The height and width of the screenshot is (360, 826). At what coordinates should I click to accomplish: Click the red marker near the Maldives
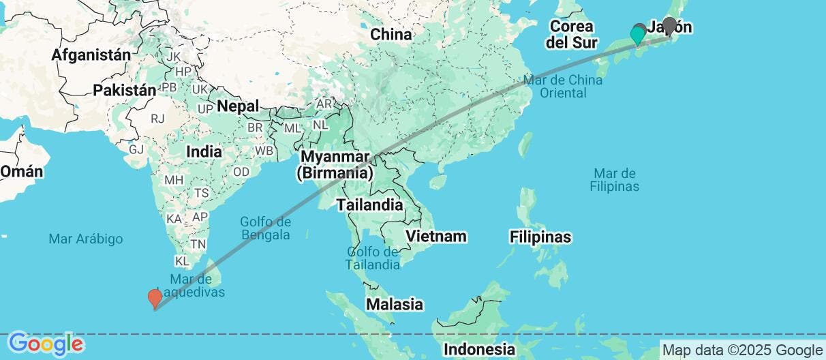coord(155,298)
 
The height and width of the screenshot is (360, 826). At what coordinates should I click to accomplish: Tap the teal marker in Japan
coord(638,34)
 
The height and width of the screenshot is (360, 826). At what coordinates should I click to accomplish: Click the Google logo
coord(46,344)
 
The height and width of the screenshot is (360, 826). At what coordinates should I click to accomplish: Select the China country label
coord(391,34)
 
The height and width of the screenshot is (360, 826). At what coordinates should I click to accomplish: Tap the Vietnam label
coord(436,236)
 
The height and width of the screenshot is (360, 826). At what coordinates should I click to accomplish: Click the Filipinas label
coord(540,237)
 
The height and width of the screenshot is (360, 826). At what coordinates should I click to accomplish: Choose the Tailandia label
coord(369,205)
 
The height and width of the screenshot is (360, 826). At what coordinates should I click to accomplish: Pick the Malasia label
coord(395,304)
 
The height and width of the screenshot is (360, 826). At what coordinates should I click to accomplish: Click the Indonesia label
coord(479,350)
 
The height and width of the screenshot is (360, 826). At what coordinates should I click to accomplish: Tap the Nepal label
coord(238,106)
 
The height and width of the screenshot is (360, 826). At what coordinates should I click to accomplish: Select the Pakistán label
coord(125,90)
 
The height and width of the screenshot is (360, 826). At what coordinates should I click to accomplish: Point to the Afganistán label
coord(91,55)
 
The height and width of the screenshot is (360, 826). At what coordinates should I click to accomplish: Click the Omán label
coord(21,171)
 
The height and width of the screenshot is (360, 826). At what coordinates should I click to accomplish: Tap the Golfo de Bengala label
coord(265,228)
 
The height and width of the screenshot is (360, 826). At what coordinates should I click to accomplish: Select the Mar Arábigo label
coord(86,239)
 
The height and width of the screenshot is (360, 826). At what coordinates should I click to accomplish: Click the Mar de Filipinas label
coord(615,179)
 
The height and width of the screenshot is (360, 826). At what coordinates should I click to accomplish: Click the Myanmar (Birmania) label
coord(334,165)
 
